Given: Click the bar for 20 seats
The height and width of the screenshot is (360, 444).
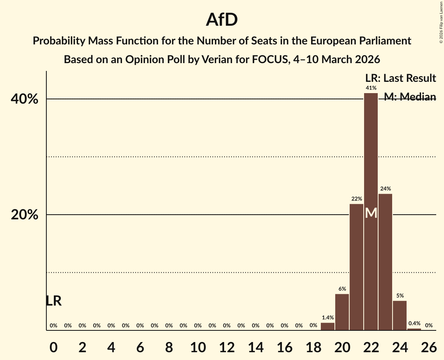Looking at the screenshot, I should click(342, 312).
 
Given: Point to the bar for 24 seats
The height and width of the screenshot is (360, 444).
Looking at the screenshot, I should click(400, 316).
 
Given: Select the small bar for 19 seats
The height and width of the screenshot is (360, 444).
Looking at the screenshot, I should click(327, 326).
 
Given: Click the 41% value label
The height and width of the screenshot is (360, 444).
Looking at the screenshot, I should click(371, 88).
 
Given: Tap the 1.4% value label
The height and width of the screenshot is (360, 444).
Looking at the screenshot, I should click(327, 318).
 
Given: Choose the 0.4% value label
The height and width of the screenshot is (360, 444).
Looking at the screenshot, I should click(414, 323).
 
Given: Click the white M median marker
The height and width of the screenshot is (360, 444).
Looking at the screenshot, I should click(371, 213).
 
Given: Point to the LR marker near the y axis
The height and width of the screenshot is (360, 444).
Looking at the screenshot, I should click(53, 301).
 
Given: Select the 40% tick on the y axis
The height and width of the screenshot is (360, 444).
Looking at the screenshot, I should click(25, 99).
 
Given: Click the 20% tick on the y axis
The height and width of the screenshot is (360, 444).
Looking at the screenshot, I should click(25, 215).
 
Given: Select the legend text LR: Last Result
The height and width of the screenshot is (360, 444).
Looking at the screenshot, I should click(400, 78).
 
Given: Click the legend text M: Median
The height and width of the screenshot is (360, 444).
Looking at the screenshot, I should click(410, 97).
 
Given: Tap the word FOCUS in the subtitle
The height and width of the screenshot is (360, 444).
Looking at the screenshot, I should click(272, 60).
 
